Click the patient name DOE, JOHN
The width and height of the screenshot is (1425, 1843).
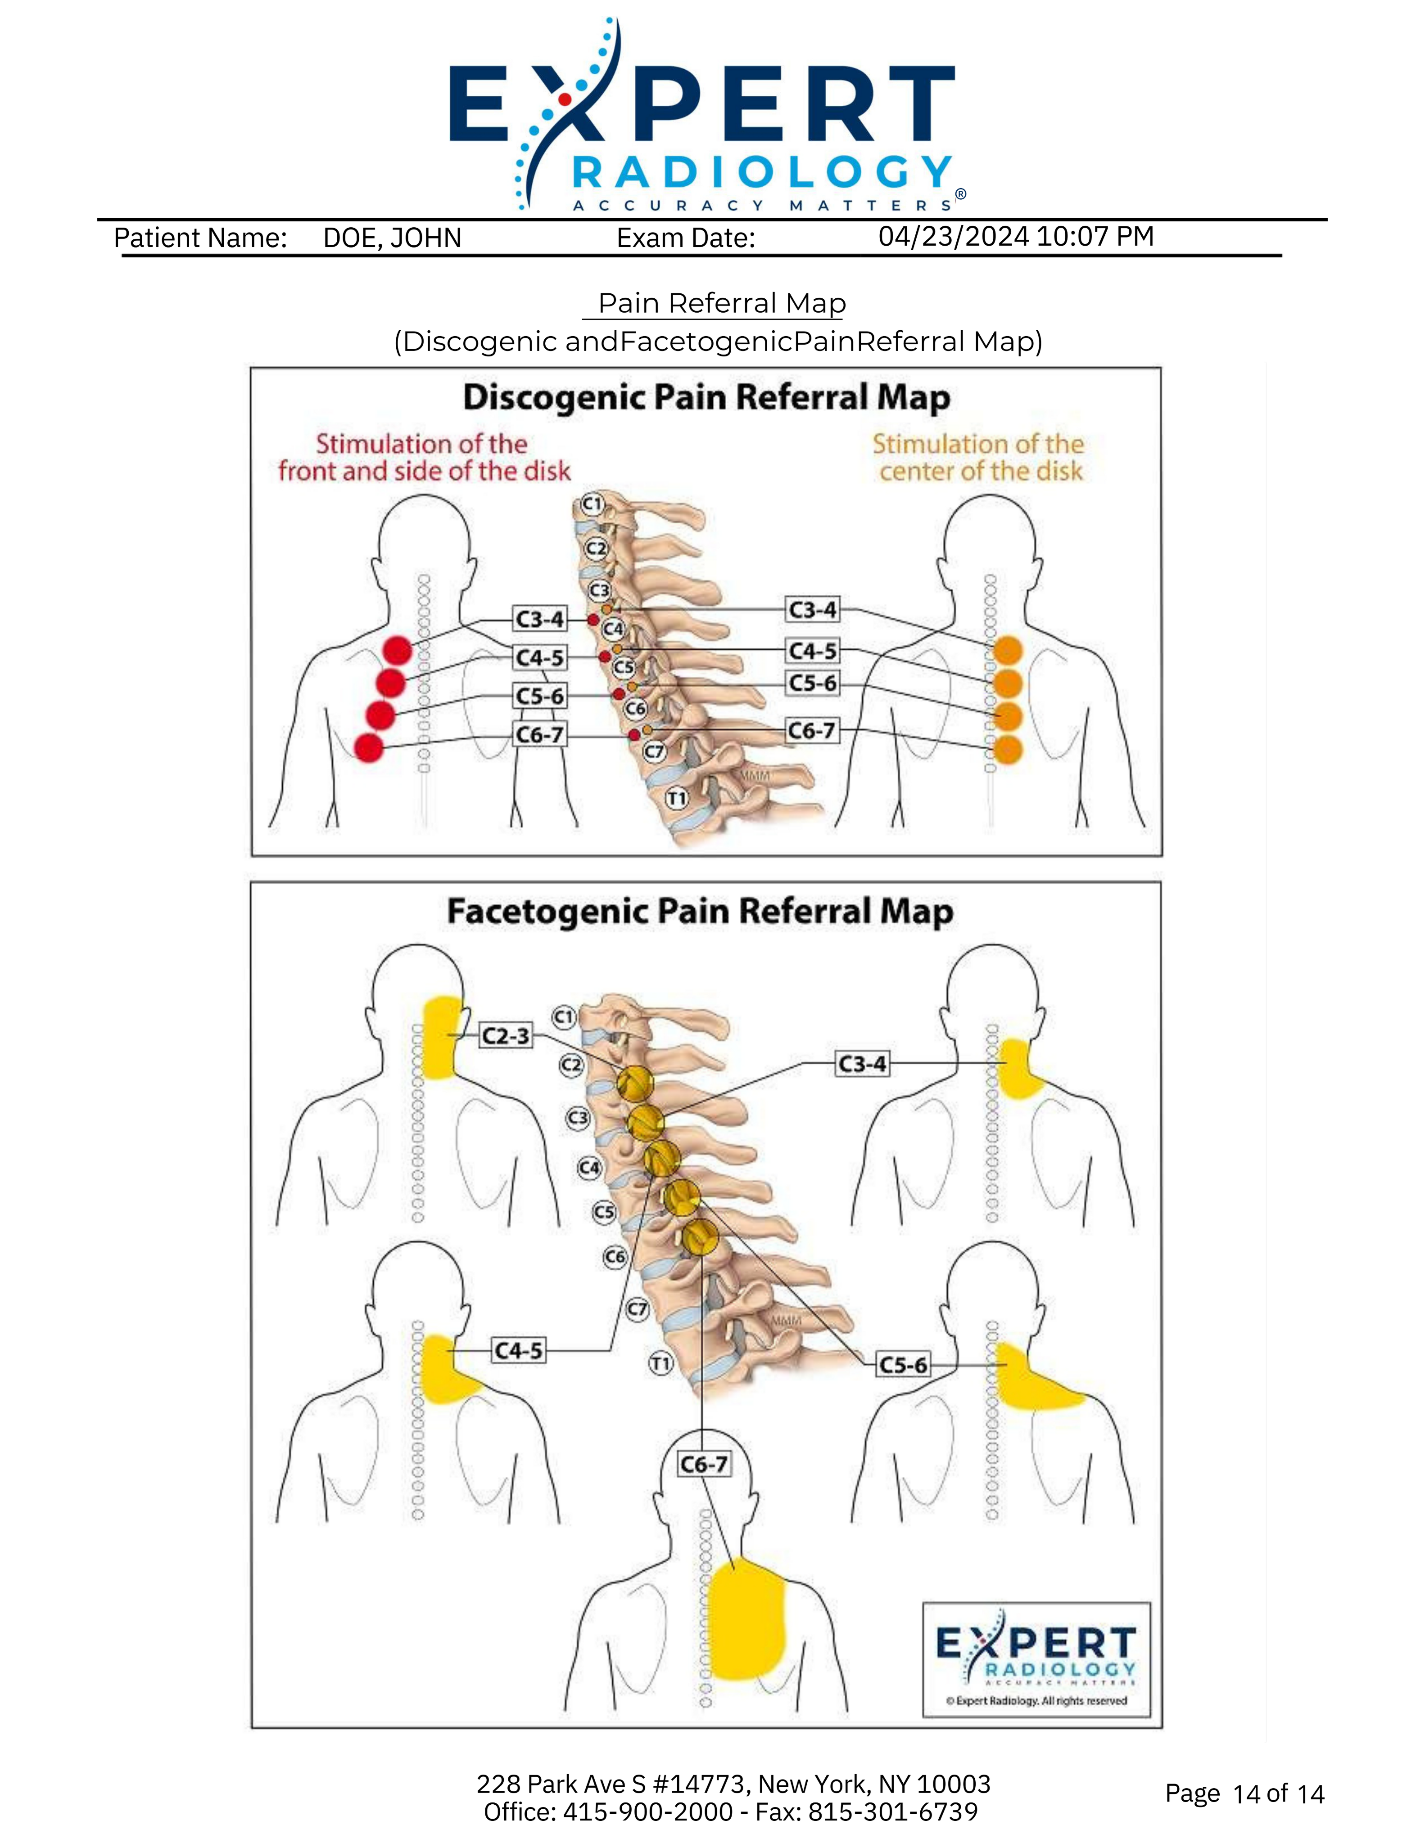tap(392, 238)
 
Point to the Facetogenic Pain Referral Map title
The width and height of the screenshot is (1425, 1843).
tap(700, 911)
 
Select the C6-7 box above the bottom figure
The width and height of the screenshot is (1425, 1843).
tap(704, 1464)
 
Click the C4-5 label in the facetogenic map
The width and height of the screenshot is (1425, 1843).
tap(518, 1351)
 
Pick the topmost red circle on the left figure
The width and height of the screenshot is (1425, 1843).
tap(397, 650)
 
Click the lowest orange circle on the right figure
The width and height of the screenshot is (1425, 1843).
tap(1008, 749)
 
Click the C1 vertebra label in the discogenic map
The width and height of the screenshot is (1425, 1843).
tap(593, 504)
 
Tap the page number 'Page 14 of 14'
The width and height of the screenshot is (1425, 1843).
tap(1244, 1793)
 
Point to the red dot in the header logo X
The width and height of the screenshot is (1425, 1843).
tap(565, 99)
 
